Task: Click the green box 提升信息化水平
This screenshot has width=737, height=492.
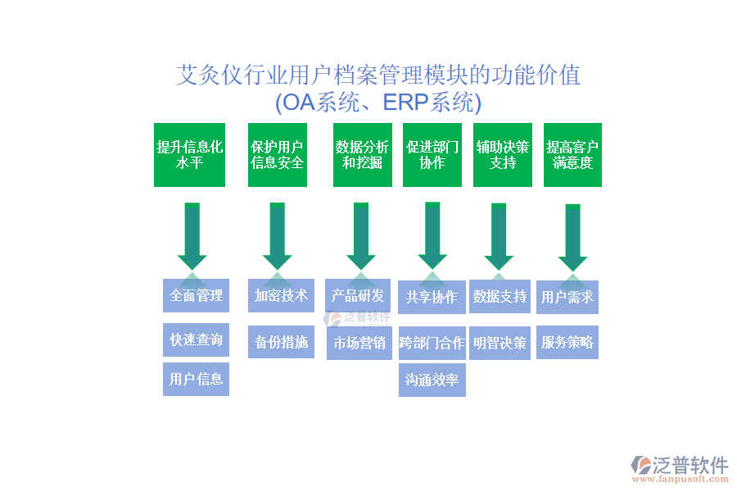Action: [189, 155]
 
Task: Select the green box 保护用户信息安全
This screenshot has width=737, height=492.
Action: [278, 155]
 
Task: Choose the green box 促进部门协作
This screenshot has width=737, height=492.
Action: [432, 155]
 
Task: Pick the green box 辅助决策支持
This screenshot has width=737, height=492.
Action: [503, 155]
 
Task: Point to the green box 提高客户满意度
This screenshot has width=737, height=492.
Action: [572, 155]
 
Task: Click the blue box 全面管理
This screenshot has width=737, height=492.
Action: [196, 295]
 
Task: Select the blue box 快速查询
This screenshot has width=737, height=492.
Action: [196, 339]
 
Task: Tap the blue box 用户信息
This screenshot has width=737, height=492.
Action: [196, 379]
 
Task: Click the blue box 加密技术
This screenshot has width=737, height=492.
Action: [281, 295]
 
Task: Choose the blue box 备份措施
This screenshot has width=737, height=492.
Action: [281, 342]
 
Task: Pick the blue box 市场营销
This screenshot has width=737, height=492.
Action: [359, 344]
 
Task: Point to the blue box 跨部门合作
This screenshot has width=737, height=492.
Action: [432, 344]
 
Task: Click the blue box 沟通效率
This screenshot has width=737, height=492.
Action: [432, 380]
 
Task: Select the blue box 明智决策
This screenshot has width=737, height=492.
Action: [500, 343]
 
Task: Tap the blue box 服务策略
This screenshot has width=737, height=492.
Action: [567, 343]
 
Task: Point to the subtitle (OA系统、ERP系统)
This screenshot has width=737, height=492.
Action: [378, 103]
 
